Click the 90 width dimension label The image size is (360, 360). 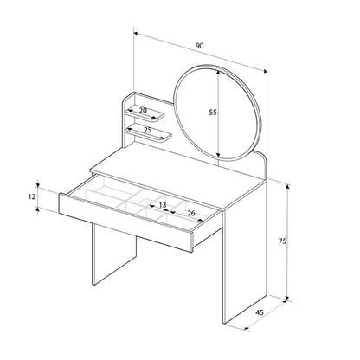coord(199,46)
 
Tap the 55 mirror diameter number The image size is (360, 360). coord(213,112)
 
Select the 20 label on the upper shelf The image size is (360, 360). coord(143,110)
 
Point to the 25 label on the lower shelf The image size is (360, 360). coord(148,130)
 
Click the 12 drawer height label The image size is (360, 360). coord(32,197)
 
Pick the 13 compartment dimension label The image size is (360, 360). coord(163,205)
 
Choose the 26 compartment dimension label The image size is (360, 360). coord(191,214)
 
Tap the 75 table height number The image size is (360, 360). coord(282,241)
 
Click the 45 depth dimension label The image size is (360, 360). coord(260,312)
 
